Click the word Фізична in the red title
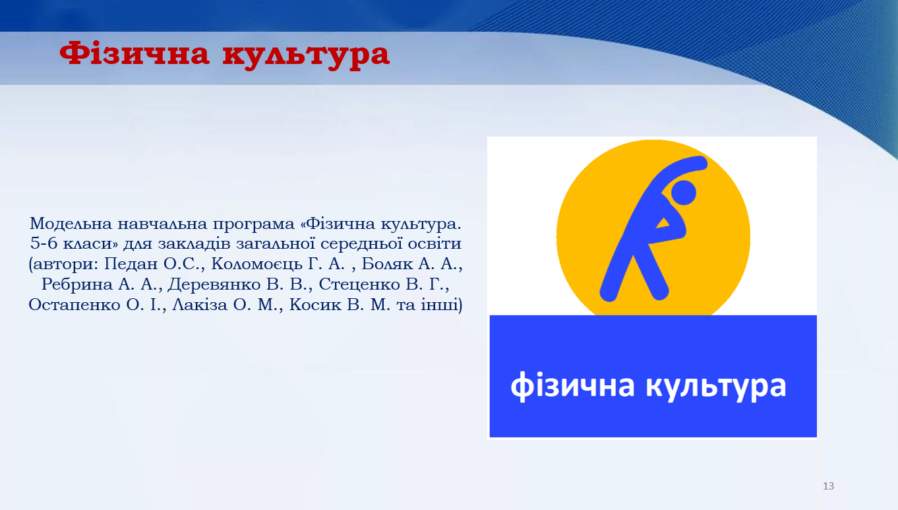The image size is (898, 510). point(135,53)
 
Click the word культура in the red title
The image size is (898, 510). point(306,55)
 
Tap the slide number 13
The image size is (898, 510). point(828,486)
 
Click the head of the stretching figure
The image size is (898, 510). point(683,192)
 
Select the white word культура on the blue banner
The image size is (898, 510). point(716,387)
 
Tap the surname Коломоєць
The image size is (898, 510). point(256,265)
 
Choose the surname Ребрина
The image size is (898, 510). point(77,284)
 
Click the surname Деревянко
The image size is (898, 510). point(214,284)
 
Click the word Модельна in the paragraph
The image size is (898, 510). point(70,224)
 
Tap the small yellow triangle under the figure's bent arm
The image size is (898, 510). point(663,224)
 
